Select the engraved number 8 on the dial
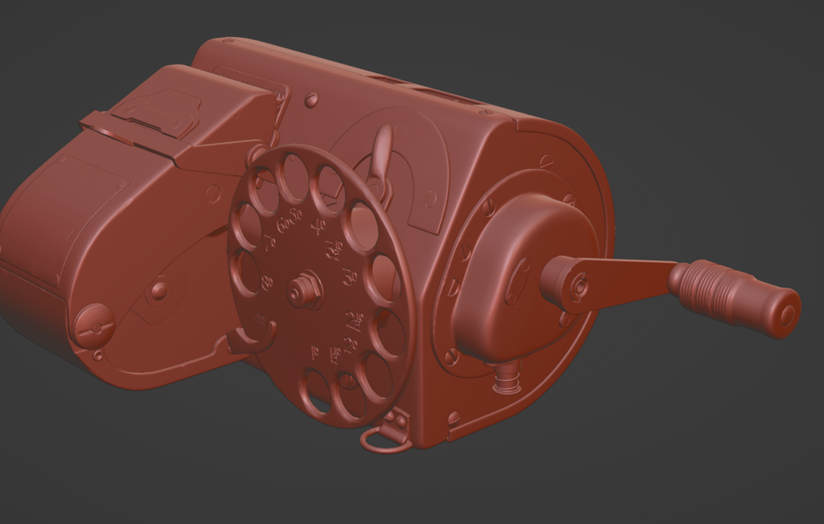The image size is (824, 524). (268, 282)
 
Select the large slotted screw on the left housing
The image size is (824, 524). (93, 325)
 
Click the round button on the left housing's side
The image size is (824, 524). (159, 289)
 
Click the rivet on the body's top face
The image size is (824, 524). (311, 100)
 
